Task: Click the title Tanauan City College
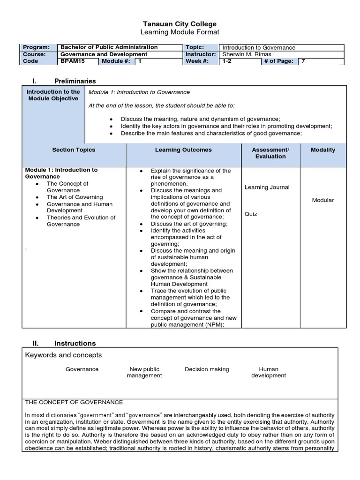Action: pos(180,24)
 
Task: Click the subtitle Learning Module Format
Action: pos(180,32)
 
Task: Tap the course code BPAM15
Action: pos(71,61)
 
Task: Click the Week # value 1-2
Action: pos(227,61)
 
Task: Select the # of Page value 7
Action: pos(303,61)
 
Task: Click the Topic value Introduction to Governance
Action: pos(259,47)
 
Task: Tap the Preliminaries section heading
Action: pos(75,81)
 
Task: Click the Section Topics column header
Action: pos(74,150)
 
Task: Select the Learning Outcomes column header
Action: pos(183,150)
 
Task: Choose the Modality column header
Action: pos(322,150)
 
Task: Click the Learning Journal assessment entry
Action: pos(267,187)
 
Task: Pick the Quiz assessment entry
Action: pos(251,214)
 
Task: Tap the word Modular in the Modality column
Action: pos(322,200)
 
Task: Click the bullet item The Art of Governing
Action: pos(75,197)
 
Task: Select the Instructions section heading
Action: pos(75,343)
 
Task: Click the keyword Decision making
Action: pos(207,369)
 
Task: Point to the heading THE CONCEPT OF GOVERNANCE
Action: pos(74,402)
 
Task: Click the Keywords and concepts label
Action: pos(63,355)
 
